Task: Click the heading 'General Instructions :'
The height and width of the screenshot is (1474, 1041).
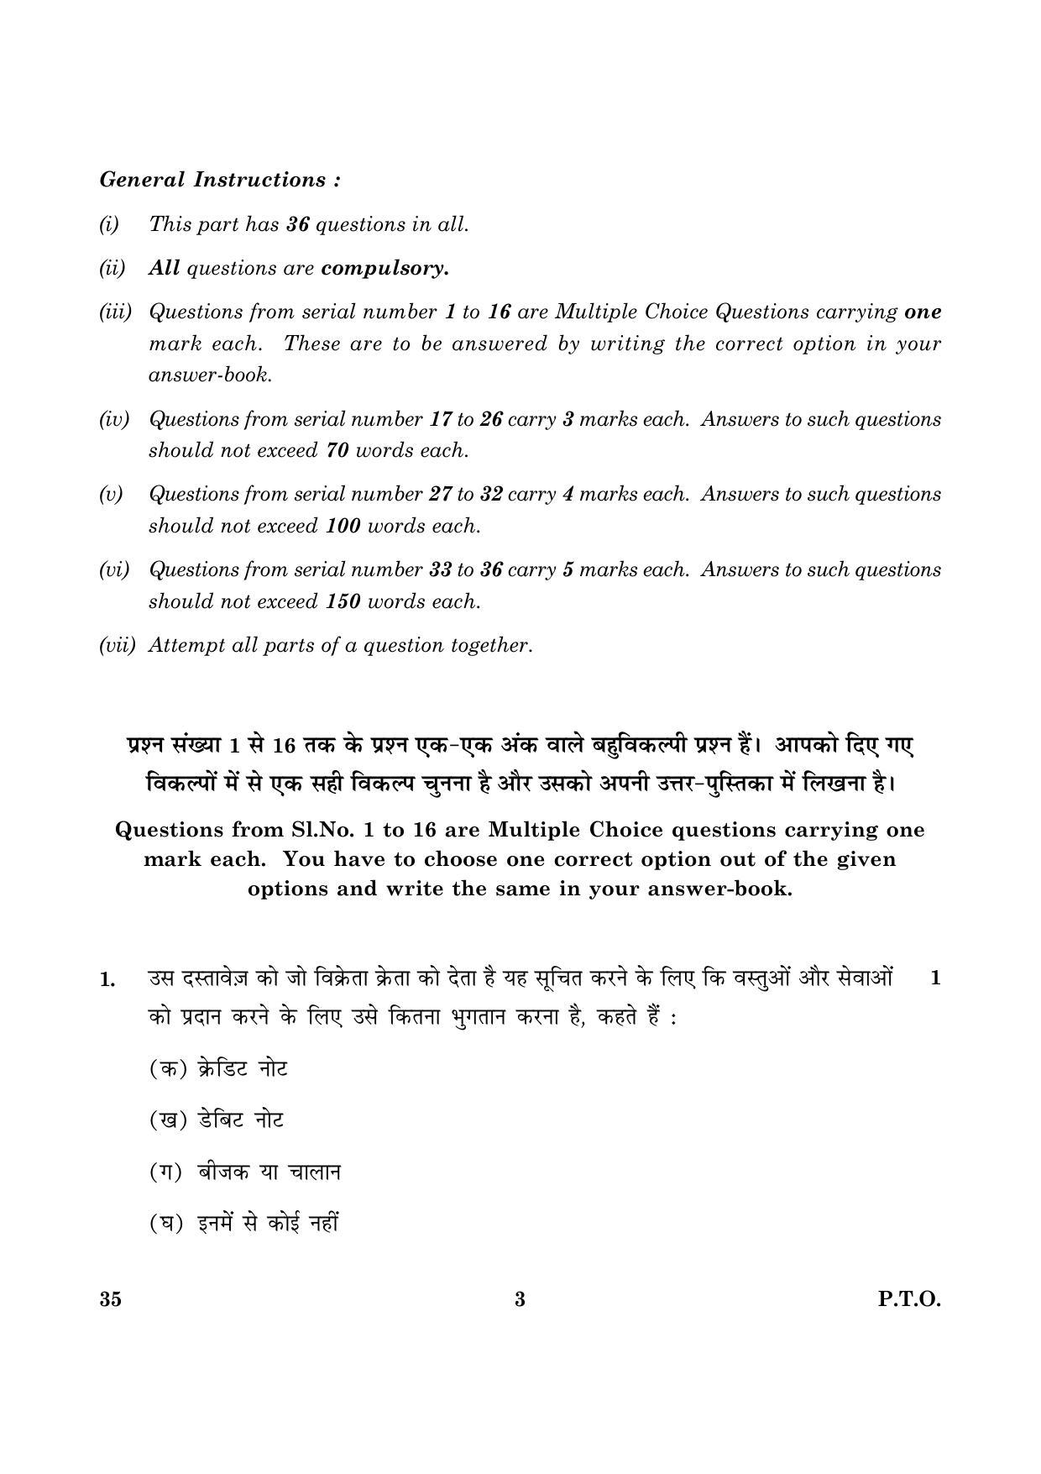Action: point(220,180)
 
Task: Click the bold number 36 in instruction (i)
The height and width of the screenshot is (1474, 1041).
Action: point(298,224)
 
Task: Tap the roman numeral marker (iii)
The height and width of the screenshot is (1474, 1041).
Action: point(115,312)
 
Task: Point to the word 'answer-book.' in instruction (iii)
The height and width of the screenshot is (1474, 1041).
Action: point(210,375)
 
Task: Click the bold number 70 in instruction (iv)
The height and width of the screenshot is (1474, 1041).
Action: point(337,450)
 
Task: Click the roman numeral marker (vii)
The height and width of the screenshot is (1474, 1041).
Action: point(117,645)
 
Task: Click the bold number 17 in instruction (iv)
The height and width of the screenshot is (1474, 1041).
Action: point(440,419)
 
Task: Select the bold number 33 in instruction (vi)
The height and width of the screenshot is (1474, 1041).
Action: point(440,569)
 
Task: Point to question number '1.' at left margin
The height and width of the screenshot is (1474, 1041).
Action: point(107,980)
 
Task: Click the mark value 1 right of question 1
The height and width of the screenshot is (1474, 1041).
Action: point(935,978)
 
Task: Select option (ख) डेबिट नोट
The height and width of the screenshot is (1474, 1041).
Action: point(217,1120)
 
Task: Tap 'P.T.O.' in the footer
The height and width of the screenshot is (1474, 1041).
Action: point(909,1299)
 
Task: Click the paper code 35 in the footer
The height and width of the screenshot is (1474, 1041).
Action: point(110,1299)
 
